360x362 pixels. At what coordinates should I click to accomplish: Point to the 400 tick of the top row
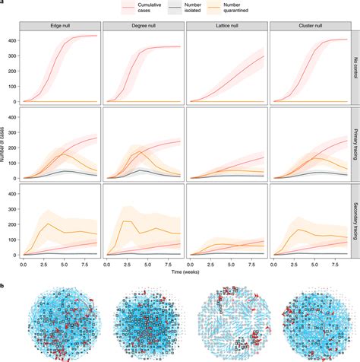click(13, 41)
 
